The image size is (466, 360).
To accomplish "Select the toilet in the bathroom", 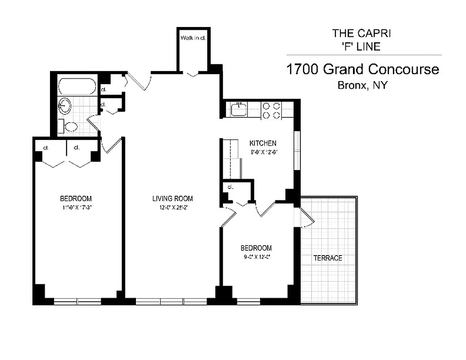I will click(69, 126).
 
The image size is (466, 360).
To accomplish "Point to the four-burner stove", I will click(271, 111).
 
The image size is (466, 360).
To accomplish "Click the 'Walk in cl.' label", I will click(193, 38).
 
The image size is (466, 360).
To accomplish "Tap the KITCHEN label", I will click(263, 144).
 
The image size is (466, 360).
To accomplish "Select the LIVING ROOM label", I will click(172, 198).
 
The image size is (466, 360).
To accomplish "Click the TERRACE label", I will click(328, 258).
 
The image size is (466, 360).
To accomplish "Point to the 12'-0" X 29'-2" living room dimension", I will click(172, 207).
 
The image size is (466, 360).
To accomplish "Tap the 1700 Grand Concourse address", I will click(362, 69).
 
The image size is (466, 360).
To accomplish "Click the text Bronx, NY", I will click(362, 85).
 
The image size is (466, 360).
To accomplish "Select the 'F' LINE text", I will click(356, 46).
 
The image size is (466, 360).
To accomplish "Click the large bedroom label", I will click(76, 198).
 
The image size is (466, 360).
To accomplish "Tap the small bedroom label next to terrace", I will click(256, 248).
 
